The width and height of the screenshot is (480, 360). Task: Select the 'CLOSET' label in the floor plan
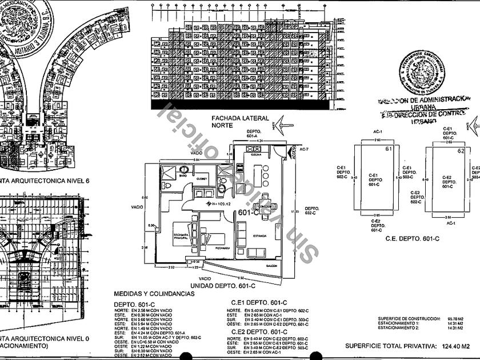tap(203, 178)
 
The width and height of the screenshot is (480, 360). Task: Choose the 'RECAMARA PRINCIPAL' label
tap(182, 238)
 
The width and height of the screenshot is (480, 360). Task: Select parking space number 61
tap(389, 150)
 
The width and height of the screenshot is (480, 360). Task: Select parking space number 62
tap(461, 151)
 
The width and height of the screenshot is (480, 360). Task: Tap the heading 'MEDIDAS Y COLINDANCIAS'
tap(154, 294)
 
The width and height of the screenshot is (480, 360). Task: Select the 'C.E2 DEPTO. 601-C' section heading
tap(258, 331)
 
